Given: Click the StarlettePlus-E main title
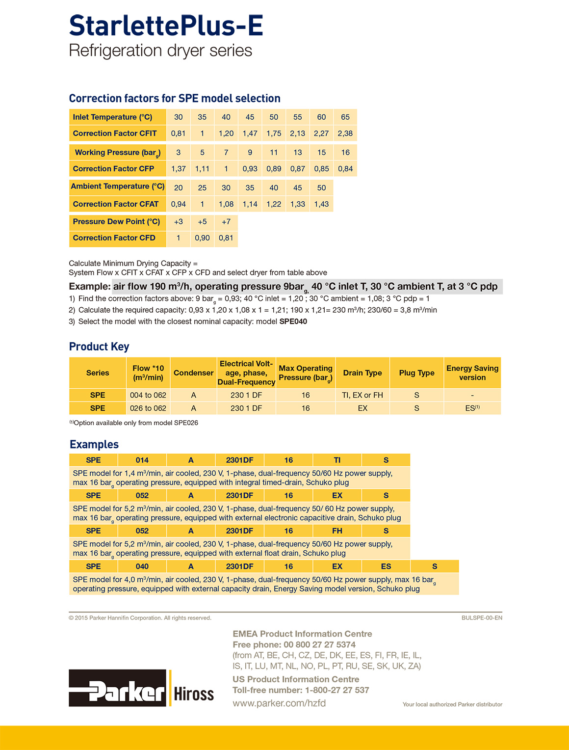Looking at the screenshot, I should click(166, 26).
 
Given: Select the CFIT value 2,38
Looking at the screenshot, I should click(345, 134).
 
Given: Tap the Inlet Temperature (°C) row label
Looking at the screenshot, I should click(113, 117).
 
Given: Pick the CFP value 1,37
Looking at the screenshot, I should click(179, 169).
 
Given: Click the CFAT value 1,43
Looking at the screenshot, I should click(321, 204).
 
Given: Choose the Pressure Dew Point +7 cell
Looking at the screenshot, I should click(226, 222).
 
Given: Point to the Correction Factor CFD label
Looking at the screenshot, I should click(114, 238).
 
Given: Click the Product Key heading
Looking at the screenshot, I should click(99, 347).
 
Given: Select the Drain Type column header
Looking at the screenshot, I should click(362, 373).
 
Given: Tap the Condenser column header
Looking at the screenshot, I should click(193, 373).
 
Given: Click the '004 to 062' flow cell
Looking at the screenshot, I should click(148, 395).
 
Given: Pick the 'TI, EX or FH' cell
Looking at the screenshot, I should click(362, 395).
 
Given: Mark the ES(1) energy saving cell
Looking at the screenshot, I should click(472, 408).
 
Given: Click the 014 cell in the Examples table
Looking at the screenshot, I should click(142, 460).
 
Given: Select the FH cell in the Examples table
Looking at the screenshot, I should click(337, 531).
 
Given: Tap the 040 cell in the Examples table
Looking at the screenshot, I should click(142, 566).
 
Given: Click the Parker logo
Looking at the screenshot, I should click(118, 688).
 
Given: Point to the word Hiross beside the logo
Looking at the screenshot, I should click(194, 694).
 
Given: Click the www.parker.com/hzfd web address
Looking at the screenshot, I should click(279, 703).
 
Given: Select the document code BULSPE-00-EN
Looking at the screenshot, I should click(482, 618).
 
